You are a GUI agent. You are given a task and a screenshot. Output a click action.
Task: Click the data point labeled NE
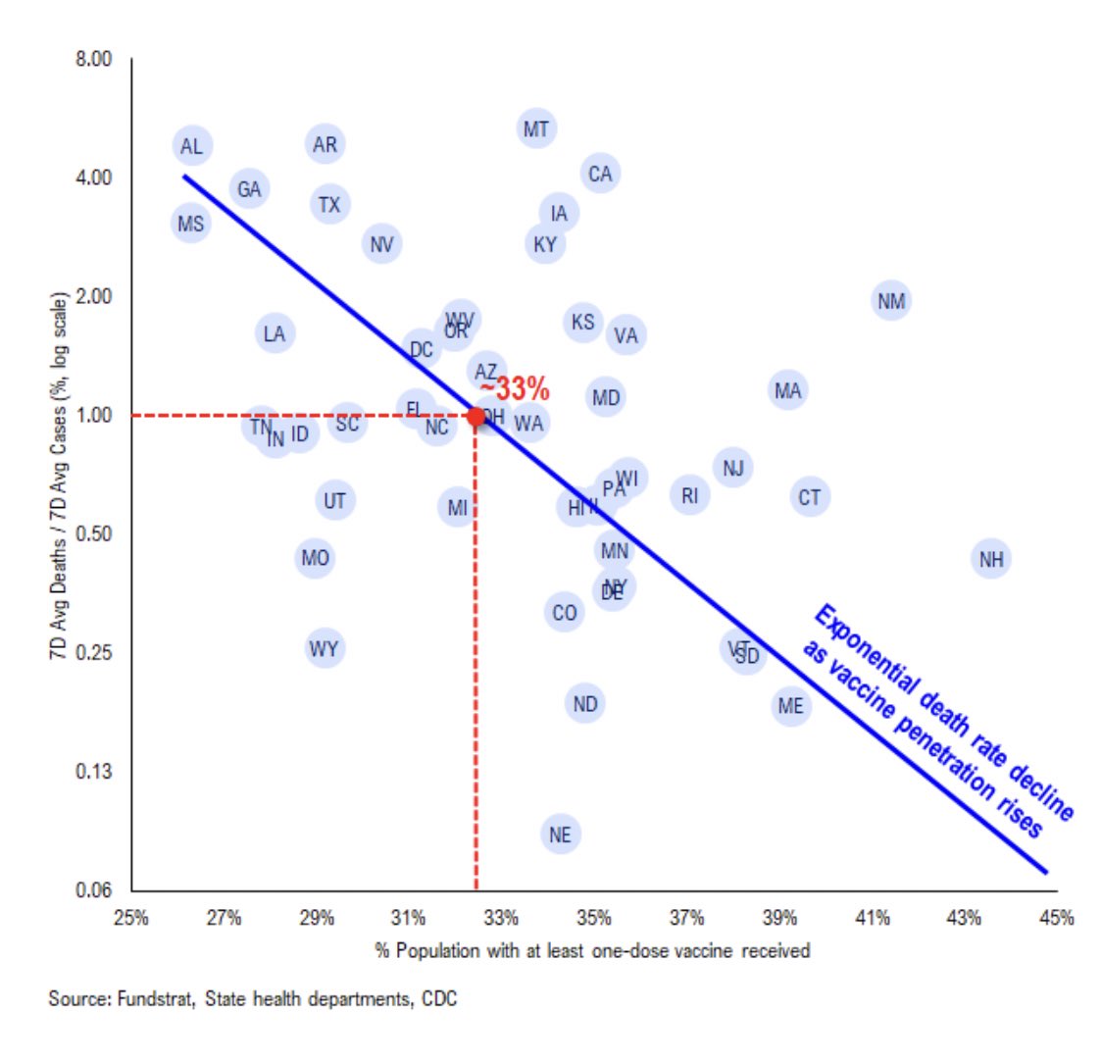[560, 835]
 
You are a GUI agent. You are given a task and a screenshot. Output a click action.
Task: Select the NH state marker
[991, 559]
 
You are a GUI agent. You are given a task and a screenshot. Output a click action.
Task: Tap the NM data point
[890, 301]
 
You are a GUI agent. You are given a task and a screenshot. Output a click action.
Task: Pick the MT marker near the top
[535, 129]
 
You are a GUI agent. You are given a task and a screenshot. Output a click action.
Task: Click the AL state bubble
[192, 146]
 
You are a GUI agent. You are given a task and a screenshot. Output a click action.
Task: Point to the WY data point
[324, 649]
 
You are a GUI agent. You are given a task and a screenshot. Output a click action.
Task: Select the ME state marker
[790, 706]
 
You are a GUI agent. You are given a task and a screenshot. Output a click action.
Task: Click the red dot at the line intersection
[476, 417]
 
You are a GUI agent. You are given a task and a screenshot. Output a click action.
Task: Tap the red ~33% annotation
[514, 388]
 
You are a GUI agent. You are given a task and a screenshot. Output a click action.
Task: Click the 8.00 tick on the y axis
[94, 60]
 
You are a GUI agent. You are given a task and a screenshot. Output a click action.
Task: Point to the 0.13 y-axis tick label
[94, 772]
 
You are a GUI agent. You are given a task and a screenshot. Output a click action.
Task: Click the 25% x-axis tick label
[131, 919]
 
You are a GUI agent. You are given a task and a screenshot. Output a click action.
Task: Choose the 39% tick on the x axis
[779, 919]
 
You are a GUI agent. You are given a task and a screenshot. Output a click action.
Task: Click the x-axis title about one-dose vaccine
[592, 950]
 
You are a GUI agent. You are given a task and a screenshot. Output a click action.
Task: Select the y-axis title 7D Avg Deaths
[59, 476]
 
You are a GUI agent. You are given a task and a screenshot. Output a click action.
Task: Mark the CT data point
[809, 498]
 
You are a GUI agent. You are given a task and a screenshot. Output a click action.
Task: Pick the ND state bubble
[584, 704]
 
